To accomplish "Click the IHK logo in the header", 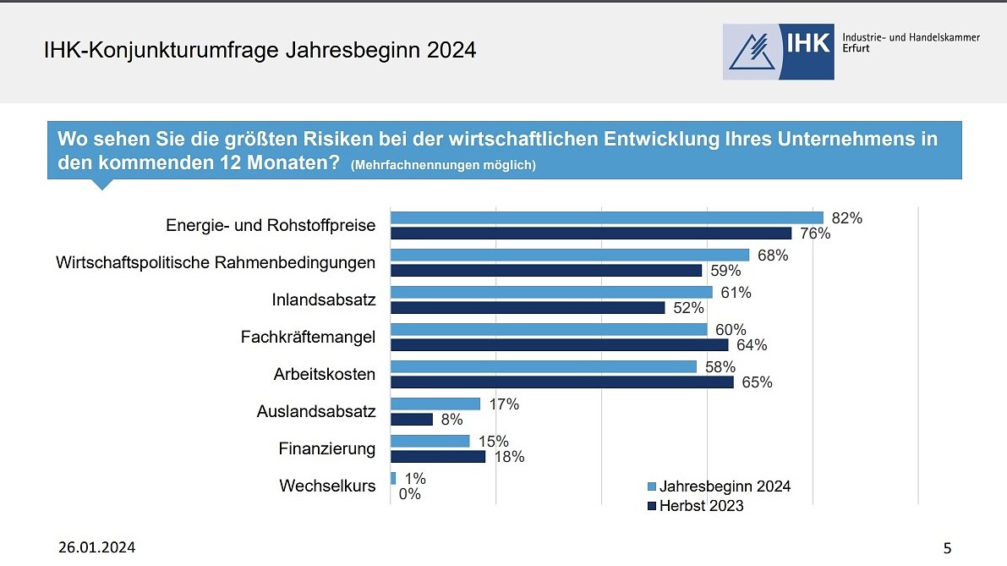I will pos(778,52).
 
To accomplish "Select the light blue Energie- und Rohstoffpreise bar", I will pos(606,217).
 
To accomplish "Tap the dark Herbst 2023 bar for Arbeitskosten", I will pos(561,382).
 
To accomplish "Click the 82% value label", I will pos(846,218).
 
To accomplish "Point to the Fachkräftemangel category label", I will pos(308,338).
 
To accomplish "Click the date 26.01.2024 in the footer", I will pos(96,547).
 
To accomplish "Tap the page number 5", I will pos(947,548).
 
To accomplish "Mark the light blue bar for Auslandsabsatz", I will pos(435,404).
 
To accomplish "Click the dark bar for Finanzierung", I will pos(437,457).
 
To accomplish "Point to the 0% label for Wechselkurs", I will pos(409,494).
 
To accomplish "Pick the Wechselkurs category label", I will pos(327,486).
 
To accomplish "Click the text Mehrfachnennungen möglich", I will pos(443,165).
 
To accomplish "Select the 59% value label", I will pos(726,271).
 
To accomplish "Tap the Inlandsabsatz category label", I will pos(324,300).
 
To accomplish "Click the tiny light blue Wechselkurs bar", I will pos(392,478).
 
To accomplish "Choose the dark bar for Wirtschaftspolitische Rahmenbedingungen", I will pos(545,271).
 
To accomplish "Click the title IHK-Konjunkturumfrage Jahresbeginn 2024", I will pos(260,51).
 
